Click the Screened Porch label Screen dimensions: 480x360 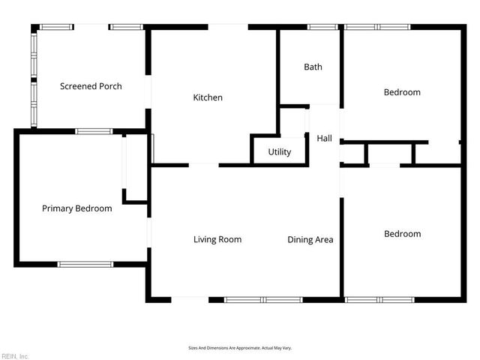coord(91,86)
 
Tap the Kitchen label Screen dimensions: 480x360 coord(208,97)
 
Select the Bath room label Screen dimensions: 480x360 coord(313,67)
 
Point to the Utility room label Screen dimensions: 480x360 coord(280,151)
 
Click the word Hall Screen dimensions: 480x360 coord(324,138)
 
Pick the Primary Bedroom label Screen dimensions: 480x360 coord(76,208)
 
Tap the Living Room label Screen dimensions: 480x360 coord(217,239)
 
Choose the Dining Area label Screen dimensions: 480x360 coord(310,240)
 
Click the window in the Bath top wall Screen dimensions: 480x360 coord(322,27)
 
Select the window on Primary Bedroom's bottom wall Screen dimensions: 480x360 coord(85,265)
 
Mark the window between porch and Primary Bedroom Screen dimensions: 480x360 coord(94,132)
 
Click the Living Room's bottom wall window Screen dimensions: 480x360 coord(263,300)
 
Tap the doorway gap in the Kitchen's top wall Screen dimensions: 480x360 coord(228,27)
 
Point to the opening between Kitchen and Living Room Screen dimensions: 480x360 coord(204,165)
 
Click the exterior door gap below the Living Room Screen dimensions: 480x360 coord(190,300)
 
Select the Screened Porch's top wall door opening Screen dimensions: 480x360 coord(91,27)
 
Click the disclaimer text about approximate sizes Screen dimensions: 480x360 coord(240,348)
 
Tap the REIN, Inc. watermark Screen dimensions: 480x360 coord(15,356)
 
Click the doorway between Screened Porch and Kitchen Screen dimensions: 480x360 coord(148,91)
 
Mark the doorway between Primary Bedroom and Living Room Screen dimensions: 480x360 coord(149,232)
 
